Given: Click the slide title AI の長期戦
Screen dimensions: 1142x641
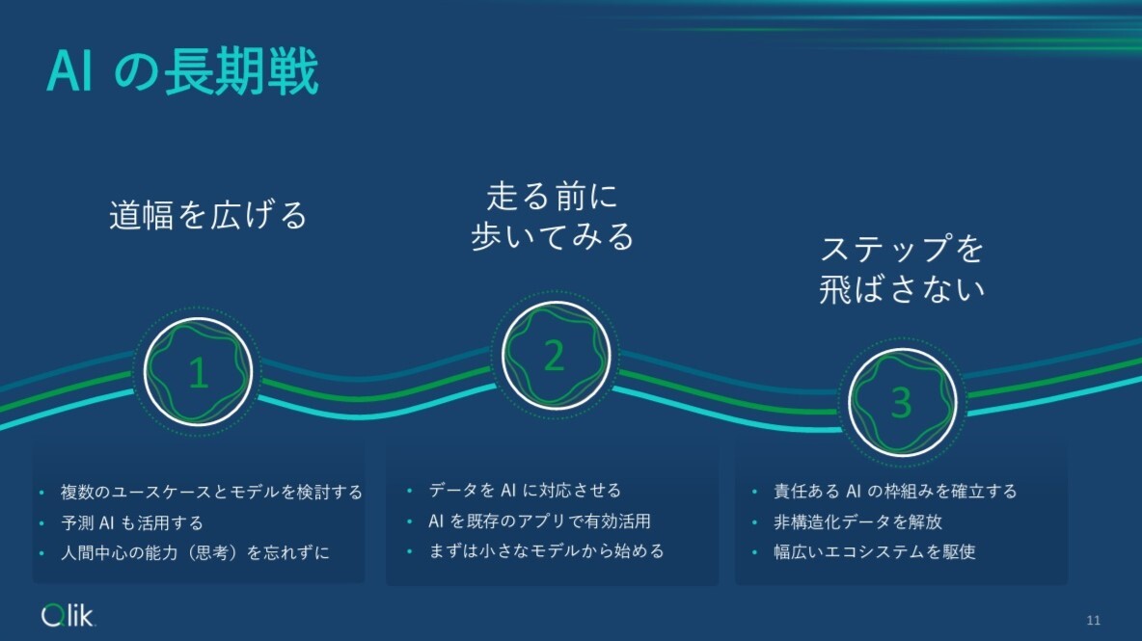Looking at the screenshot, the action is tap(183, 71).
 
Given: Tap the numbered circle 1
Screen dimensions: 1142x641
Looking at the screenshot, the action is tap(198, 372).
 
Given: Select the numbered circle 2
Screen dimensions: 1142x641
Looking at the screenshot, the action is tap(556, 355).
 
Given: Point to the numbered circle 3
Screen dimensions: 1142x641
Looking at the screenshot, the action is tap(903, 402).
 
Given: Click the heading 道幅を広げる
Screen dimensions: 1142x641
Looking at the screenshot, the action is tap(208, 215).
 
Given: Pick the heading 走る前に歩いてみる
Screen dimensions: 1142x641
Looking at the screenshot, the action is tap(552, 217).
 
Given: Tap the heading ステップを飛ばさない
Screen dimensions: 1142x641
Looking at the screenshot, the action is tap(903, 269).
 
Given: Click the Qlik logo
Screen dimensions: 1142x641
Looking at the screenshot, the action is tap(68, 616).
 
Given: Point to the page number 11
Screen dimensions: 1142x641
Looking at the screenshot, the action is tap(1093, 620).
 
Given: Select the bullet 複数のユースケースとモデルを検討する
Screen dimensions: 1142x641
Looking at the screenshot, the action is tap(211, 493).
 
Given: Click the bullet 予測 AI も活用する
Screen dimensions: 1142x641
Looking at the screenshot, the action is tap(132, 522).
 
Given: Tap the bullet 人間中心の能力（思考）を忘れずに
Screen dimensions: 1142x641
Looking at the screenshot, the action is tap(195, 553).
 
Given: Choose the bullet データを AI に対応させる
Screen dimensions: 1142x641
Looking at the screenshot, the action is tap(525, 491).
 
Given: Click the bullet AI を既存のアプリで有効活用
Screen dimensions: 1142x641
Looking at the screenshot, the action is tap(539, 521).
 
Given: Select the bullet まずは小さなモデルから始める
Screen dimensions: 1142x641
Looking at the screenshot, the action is tap(546, 550).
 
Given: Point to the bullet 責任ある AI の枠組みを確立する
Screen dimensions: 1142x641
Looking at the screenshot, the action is tap(895, 492).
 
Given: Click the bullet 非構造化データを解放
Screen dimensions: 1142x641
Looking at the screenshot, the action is tap(858, 521).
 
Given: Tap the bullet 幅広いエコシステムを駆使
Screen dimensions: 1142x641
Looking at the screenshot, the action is tap(875, 551).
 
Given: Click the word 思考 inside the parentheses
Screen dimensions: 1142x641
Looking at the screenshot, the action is tap(212, 553).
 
